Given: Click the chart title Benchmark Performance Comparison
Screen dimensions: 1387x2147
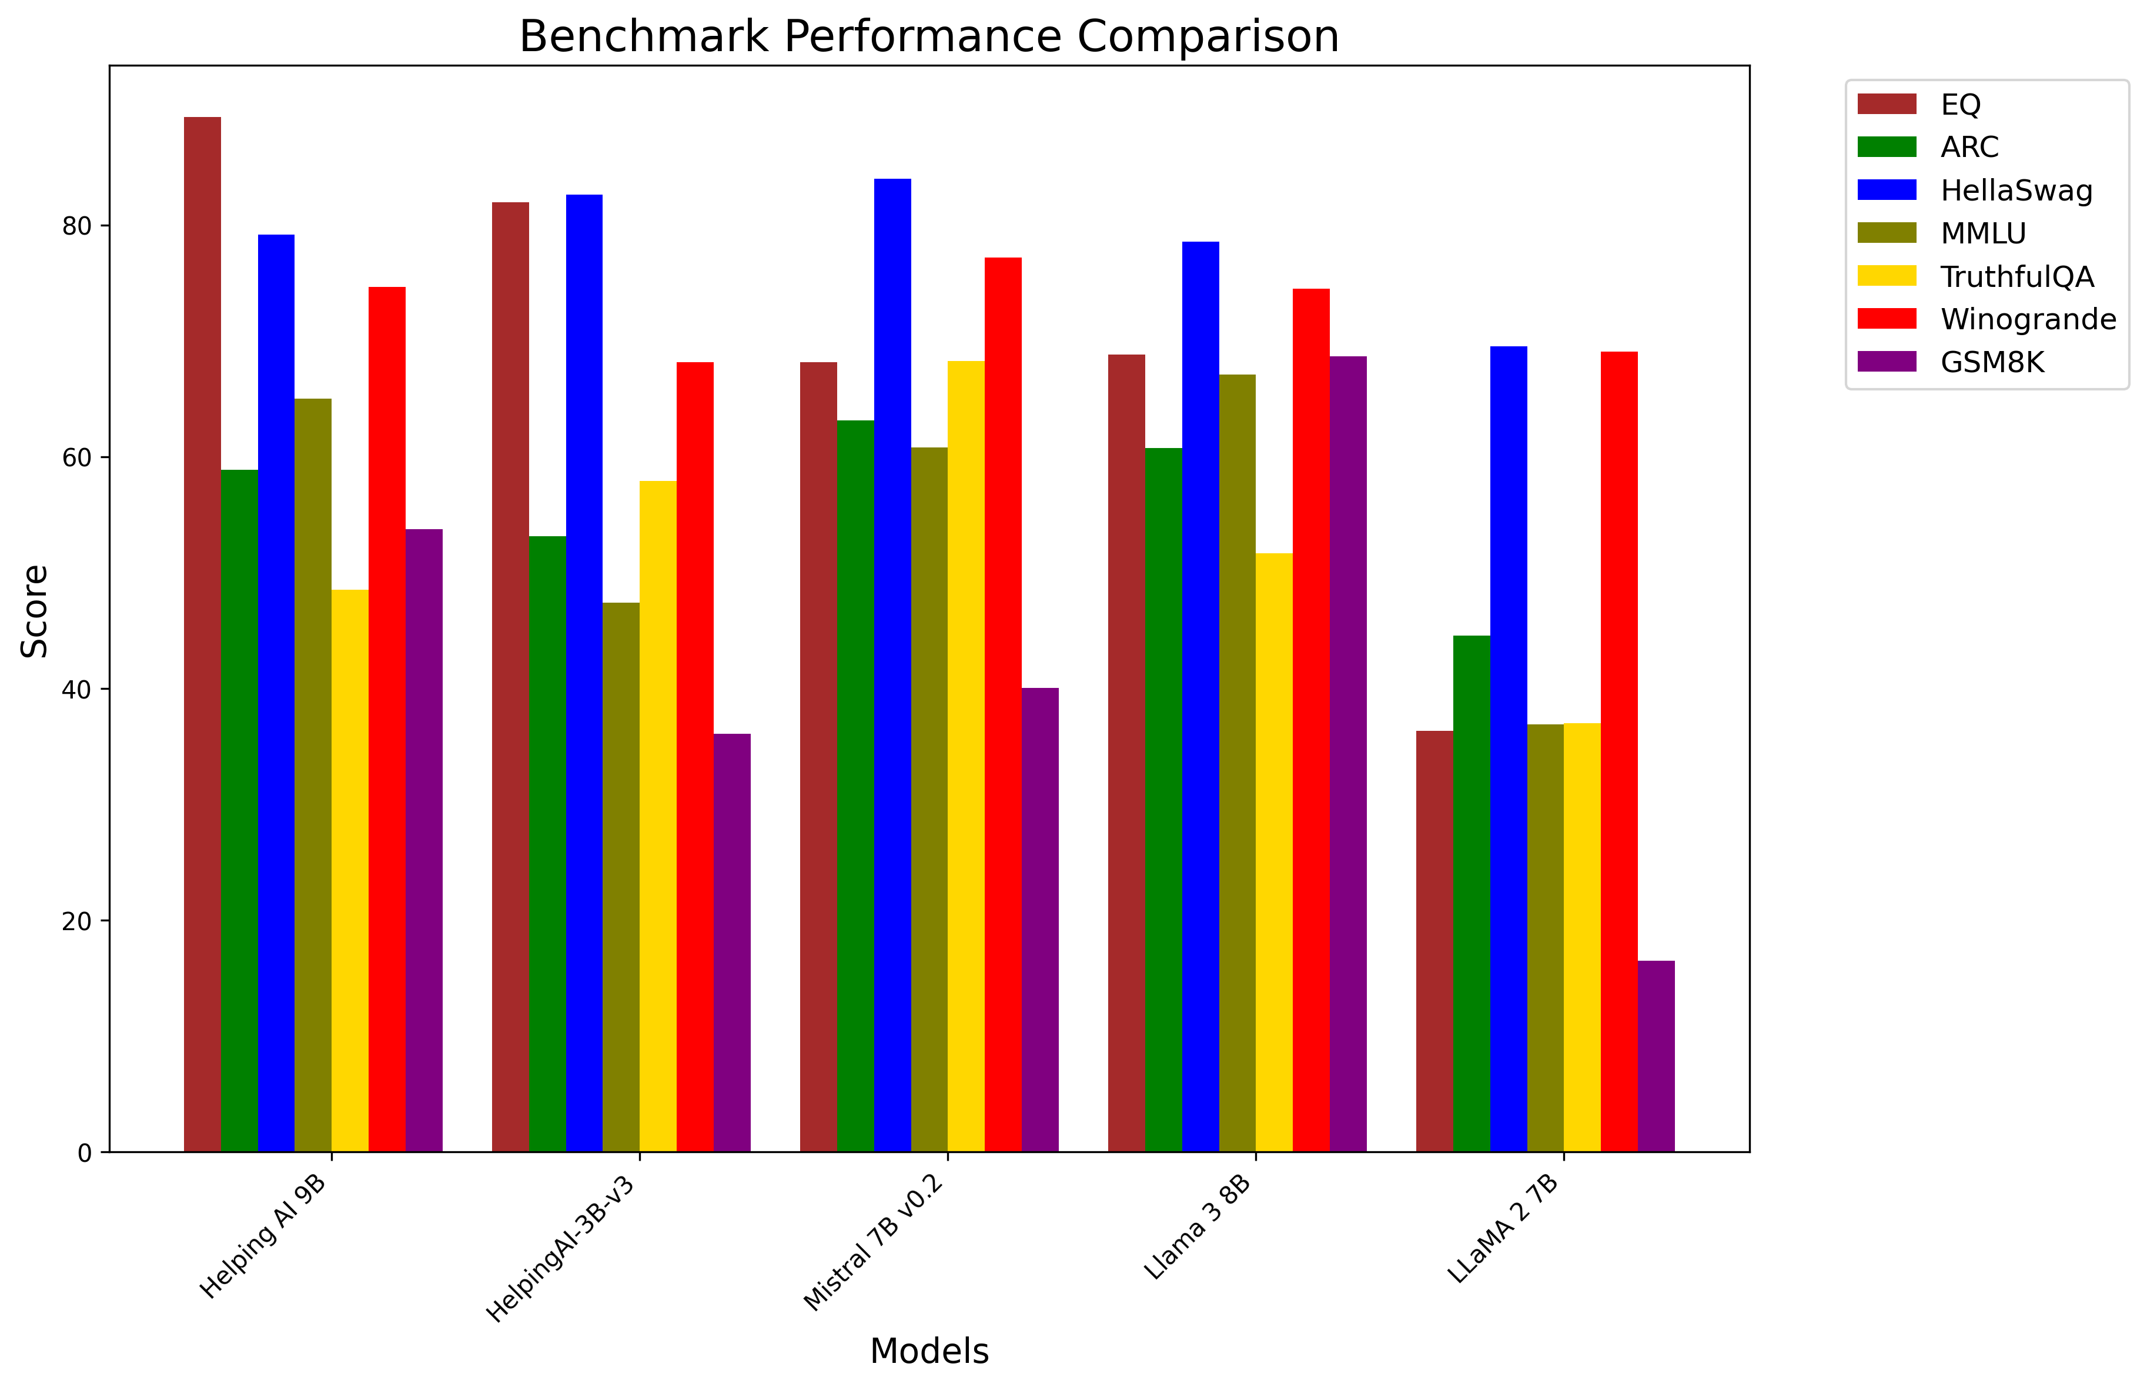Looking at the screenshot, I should coord(928,38).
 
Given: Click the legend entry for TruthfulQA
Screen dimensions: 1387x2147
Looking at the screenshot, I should coord(2016,276).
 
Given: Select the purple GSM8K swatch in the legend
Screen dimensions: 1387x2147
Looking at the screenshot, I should coord(1887,362).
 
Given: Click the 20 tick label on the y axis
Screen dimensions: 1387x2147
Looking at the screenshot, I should coord(78,921).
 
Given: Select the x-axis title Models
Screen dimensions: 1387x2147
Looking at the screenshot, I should coord(928,1351).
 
